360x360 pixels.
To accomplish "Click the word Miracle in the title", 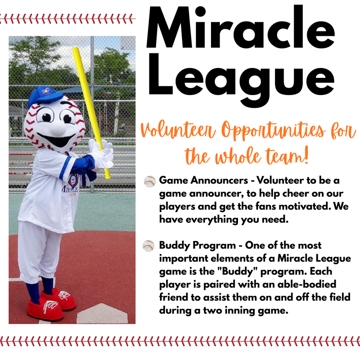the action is [240, 27].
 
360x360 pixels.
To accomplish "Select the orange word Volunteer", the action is [178, 129].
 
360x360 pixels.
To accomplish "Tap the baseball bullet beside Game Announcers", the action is [150, 181].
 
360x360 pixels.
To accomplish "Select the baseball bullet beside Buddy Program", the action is [149, 246].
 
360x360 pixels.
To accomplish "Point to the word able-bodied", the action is [307, 284].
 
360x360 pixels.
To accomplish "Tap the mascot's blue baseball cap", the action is [45, 96].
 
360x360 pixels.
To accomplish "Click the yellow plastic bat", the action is [91, 112].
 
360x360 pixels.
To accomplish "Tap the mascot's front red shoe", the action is [45, 309].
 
